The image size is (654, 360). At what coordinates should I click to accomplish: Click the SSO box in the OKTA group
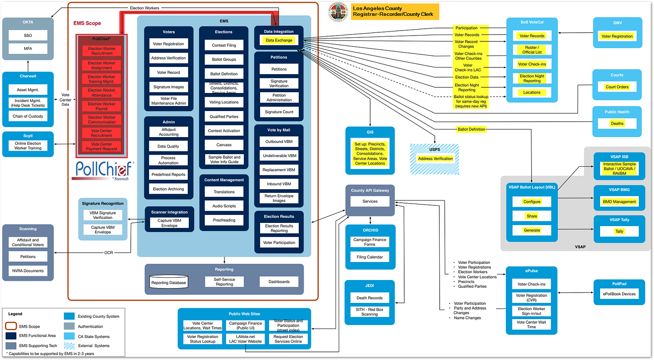28,35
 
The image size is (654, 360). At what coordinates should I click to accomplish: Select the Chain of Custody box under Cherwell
28,116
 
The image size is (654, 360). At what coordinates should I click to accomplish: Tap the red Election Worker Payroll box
102,106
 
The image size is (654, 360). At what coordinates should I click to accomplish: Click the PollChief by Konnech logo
103,170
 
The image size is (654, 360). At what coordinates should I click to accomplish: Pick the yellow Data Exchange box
279,40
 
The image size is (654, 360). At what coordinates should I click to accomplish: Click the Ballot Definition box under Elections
224,74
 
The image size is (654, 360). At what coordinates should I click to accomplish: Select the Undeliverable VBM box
279,156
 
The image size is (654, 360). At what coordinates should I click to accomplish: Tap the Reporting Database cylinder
168,283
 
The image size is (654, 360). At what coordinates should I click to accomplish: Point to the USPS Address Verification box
435,159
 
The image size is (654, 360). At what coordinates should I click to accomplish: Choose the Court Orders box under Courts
616,87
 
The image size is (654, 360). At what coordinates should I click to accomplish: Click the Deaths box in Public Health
616,123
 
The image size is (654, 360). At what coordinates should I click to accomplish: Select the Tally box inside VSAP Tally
619,231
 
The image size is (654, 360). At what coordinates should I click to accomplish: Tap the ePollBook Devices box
619,294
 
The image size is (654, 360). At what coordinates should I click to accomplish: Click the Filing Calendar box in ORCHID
369,258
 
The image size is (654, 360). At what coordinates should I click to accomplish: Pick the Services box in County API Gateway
370,201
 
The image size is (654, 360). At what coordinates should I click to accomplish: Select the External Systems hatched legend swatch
70,346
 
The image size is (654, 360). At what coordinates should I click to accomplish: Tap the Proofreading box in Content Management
224,220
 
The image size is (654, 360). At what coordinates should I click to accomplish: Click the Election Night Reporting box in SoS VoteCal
532,78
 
